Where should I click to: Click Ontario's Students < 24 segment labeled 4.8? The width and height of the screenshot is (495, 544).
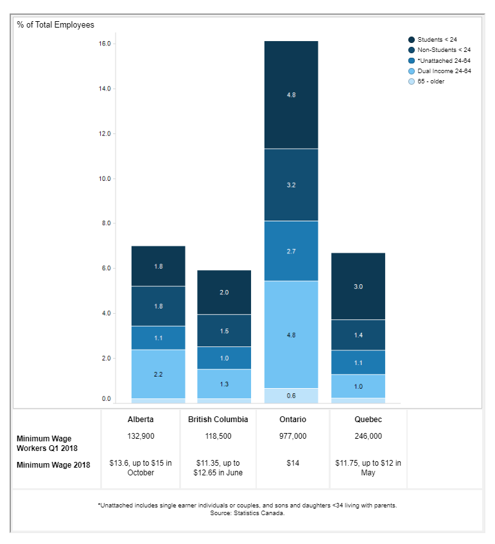point(291,95)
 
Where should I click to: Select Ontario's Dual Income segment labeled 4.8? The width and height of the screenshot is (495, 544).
point(291,334)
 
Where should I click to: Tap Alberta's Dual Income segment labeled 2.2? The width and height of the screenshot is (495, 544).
point(158,373)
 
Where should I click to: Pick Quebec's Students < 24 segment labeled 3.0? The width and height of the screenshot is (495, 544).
point(358,286)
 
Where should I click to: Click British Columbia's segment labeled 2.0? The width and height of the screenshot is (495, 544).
point(224,292)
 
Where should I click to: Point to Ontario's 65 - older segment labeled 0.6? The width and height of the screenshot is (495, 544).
point(291,396)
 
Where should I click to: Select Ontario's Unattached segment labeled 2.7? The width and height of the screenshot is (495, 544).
point(291,251)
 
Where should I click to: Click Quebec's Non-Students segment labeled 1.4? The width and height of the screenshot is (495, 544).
point(358,335)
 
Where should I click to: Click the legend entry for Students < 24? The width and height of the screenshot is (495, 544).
point(437,40)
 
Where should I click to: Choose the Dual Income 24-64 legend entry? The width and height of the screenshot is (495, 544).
point(444,71)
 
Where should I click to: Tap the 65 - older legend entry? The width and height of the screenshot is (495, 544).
point(430,81)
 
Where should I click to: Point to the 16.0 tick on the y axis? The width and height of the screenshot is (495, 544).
point(105,44)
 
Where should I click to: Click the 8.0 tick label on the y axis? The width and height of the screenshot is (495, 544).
point(105,223)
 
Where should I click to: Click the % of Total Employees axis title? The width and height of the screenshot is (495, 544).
point(56,25)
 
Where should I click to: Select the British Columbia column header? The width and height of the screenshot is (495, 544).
point(218,420)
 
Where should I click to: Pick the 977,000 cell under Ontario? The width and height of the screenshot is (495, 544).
point(293,436)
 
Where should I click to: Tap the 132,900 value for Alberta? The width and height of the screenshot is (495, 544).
point(141,436)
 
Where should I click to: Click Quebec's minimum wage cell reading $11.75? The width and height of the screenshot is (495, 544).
point(368,468)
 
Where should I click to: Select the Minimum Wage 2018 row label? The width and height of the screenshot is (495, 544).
point(53,465)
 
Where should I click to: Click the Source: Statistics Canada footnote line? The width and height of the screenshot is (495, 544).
point(247,513)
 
